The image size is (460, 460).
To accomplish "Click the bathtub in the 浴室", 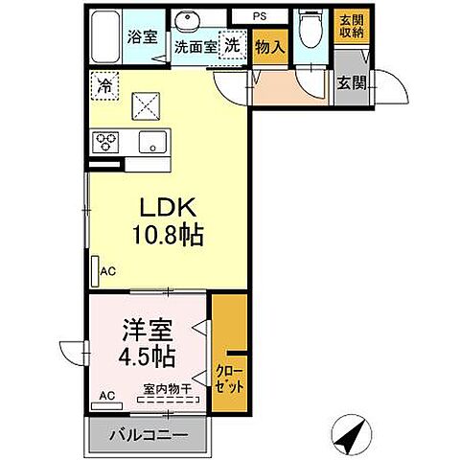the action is click(105, 36).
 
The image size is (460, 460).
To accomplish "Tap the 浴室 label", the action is click(143, 36).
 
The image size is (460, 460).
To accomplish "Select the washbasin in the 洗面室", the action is click(188, 20).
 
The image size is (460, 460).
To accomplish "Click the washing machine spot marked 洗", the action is click(233, 45).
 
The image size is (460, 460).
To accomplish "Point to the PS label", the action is click(260, 16).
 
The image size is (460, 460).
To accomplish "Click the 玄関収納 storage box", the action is click(352, 27).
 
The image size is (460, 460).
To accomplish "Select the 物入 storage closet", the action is click(270, 47).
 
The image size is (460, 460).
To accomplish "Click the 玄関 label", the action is click(352, 83).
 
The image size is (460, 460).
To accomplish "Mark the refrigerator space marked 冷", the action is click(104, 85).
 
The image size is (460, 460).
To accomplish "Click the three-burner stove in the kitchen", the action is click(105, 142).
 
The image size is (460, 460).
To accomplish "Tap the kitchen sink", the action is click(152, 142).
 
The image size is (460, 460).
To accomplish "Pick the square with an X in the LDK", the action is click(146, 106).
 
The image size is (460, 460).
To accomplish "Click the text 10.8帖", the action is click(168, 234).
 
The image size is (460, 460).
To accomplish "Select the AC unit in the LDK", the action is click(95, 271).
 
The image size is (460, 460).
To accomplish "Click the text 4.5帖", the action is click(147, 356).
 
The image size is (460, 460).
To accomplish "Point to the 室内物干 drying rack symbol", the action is click(169, 400).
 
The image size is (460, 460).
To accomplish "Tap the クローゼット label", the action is click(229, 379).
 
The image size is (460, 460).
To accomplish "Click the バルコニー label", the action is click(149, 435).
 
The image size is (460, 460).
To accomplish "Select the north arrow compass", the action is click(352, 434).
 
